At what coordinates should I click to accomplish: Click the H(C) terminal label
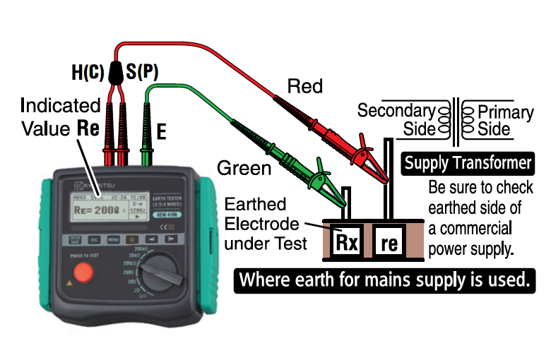click(x=88, y=72)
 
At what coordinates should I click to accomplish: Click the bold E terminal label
click(x=162, y=131)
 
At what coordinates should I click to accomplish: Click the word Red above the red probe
click(x=304, y=87)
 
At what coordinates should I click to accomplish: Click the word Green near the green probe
click(x=244, y=168)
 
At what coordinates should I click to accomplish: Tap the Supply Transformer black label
click(x=468, y=164)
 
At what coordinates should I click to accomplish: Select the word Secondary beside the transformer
click(x=396, y=111)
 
